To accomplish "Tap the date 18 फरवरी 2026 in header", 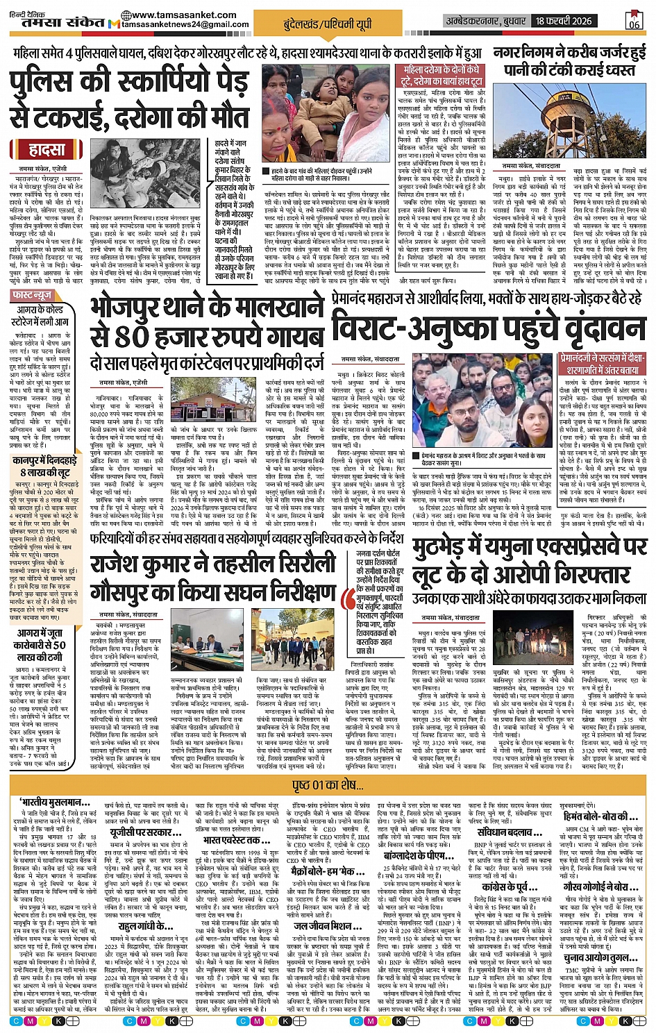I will coord(564,21).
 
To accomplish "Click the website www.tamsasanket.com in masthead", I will coord(178,15).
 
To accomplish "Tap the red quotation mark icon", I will coord(349,596).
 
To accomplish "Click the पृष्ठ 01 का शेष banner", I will coord(328,785).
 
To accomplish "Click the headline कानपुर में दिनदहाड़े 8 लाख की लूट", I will coord(49,466).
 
